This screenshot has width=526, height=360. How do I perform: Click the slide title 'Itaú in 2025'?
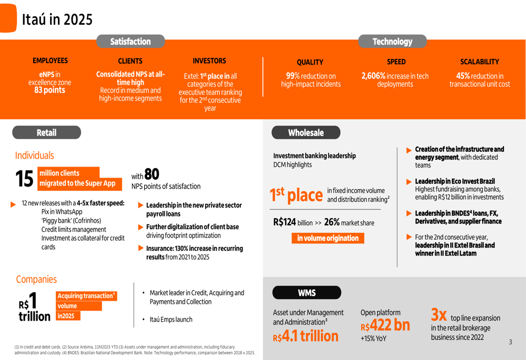(x=57, y=19)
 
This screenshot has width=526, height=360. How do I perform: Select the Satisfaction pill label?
(x=130, y=42)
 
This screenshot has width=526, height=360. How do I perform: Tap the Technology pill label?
(x=392, y=42)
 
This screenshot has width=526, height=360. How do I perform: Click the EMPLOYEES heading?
(x=50, y=61)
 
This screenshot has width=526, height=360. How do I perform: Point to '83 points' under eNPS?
(x=47, y=90)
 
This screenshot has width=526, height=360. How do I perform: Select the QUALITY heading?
(x=310, y=63)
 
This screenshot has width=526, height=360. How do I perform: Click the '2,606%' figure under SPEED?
(x=373, y=76)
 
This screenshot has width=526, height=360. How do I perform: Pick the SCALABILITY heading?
(x=479, y=62)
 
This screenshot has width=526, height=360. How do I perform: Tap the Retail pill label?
(x=46, y=132)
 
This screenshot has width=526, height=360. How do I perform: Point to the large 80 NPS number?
(x=151, y=174)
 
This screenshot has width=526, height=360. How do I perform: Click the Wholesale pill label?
(x=306, y=132)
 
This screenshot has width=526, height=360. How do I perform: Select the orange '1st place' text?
(x=296, y=195)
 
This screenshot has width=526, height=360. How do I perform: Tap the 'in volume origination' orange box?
(x=328, y=238)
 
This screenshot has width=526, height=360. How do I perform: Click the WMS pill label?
(x=307, y=293)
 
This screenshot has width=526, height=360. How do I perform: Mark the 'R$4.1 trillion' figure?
(x=306, y=335)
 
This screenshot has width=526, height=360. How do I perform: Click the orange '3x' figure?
(x=439, y=315)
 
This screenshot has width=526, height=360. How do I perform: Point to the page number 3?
(x=510, y=342)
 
